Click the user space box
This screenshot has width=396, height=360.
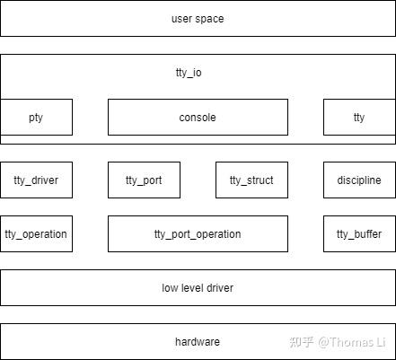click(x=198, y=18)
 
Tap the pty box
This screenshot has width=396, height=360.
click(x=36, y=118)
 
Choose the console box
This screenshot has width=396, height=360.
click(x=198, y=118)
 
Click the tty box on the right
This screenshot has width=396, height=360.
click(x=359, y=118)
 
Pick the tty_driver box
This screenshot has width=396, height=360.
click(x=36, y=180)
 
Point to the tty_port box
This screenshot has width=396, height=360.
click(x=144, y=180)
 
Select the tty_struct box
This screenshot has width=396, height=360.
click(x=251, y=180)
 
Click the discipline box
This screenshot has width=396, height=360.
click(x=359, y=180)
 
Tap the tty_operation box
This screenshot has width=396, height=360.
click(x=36, y=234)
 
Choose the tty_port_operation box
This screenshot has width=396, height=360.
click(x=198, y=234)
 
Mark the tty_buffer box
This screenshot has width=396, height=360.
click(x=359, y=234)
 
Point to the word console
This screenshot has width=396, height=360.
click(x=198, y=118)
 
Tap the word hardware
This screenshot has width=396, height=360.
click(x=198, y=342)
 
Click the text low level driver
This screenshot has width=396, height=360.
click(x=198, y=288)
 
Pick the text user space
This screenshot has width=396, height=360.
click(x=198, y=18)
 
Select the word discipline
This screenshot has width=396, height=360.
click(x=359, y=180)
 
